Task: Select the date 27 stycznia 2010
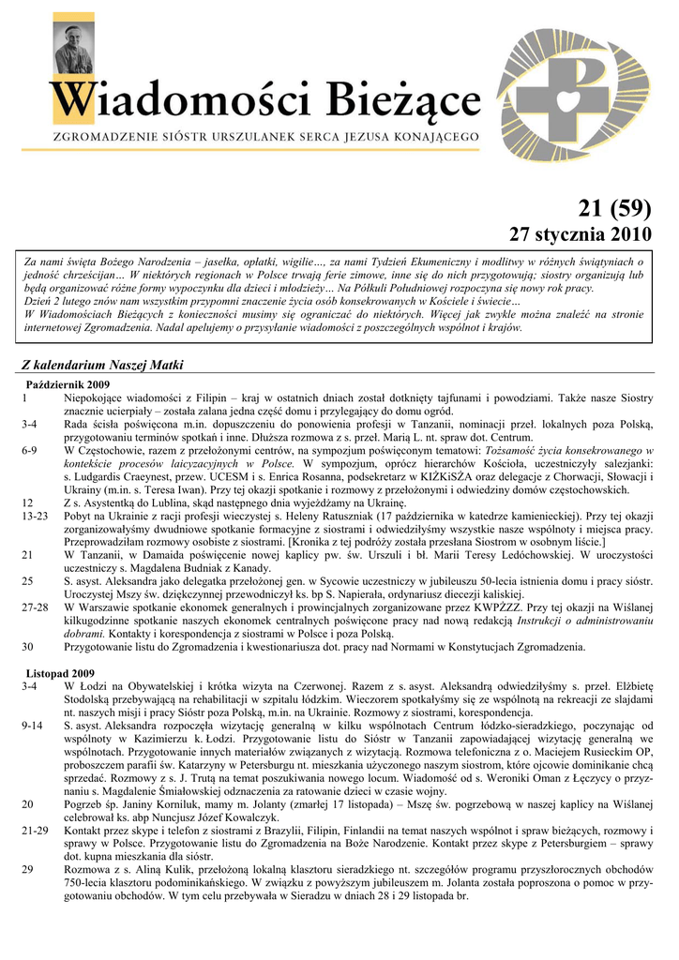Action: coord(579,233)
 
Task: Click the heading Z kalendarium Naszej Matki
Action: coord(102,365)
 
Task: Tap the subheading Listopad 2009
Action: coord(59,674)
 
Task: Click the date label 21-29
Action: coord(35,831)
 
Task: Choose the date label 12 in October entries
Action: coord(28,502)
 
